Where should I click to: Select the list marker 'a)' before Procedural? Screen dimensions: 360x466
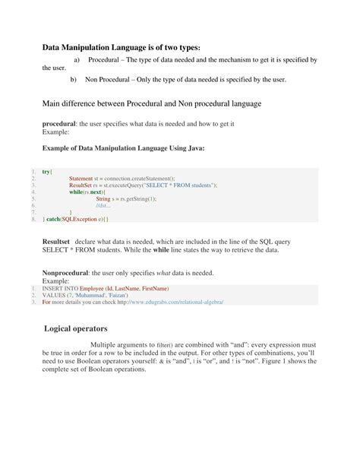(x=75, y=59)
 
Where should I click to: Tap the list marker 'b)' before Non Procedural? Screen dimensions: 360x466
(x=74, y=78)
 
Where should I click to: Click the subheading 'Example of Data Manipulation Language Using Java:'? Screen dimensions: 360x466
(x=122, y=147)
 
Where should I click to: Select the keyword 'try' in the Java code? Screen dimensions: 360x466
(x=47, y=173)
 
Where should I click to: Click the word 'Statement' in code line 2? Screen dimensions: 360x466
(x=81, y=179)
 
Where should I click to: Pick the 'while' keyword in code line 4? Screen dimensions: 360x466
(x=75, y=192)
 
